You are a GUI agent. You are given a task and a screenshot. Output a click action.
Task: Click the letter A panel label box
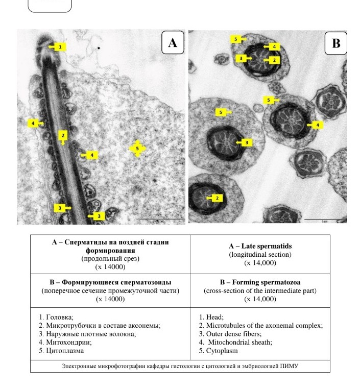pyautogui.click(x=173, y=43)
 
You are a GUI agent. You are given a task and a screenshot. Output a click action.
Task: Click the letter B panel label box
pyautogui.click(x=335, y=43)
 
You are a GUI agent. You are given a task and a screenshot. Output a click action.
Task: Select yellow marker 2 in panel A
pyautogui.click(x=63, y=135)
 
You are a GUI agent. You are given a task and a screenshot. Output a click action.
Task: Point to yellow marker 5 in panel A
pyautogui.click(x=137, y=149)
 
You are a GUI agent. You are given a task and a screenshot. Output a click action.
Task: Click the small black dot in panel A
pyautogui.click(x=99, y=49)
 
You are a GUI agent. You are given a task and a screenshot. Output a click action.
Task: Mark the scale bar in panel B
pyautogui.click(x=324, y=220)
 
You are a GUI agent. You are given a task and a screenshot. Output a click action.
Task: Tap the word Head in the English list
pyautogui.click(x=215, y=317)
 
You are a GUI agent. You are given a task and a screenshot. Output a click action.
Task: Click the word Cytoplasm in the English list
pyautogui.click(x=222, y=351)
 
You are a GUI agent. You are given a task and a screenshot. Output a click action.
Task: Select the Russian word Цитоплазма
pyautogui.click(x=64, y=351)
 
